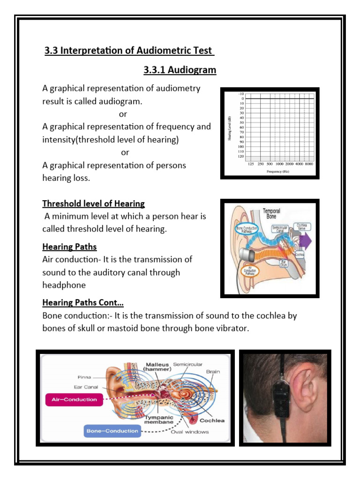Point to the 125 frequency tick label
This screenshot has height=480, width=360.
(250, 165)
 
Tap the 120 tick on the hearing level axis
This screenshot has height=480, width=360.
(241, 156)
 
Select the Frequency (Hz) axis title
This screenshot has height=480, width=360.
(278, 172)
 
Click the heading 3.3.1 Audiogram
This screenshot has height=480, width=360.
(180, 70)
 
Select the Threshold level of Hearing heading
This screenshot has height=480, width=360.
(93, 203)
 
